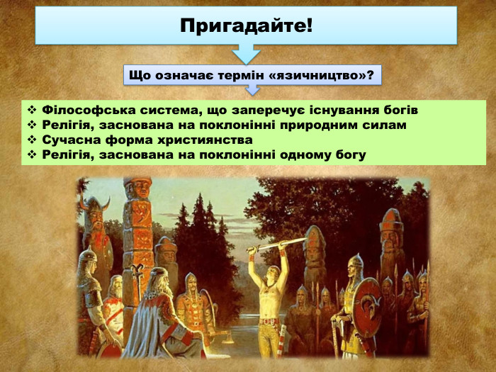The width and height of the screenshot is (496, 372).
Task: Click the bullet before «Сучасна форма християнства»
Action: pos(32,140)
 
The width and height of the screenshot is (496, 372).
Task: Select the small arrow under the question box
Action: pos(252,90)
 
